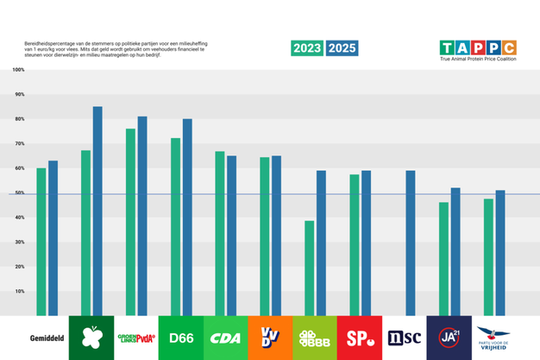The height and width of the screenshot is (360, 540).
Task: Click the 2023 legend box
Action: [308, 48]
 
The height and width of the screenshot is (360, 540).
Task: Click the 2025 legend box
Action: [342, 48]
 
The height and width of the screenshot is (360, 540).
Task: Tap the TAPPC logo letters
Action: [477, 47]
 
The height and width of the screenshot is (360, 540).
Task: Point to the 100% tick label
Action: [19, 69]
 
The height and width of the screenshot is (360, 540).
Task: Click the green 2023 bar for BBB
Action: [309, 268]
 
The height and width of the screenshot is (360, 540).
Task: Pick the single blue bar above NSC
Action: [411, 243]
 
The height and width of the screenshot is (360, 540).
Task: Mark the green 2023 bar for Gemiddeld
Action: [41, 242]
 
